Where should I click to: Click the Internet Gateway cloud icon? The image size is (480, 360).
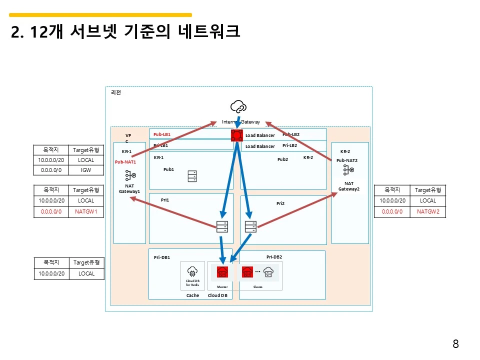point(238,106)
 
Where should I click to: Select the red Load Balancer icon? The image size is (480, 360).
point(236,135)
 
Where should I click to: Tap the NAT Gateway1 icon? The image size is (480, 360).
point(129,175)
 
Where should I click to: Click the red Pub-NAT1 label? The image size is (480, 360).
point(125,162)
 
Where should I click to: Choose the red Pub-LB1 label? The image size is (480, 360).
point(162,134)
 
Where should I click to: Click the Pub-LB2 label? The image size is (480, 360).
point(291,134)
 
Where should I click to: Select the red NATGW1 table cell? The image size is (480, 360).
point(86,211)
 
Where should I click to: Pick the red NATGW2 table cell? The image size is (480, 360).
point(427,211)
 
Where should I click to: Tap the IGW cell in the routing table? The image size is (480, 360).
point(86,170)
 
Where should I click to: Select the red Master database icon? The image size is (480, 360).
point(222,272)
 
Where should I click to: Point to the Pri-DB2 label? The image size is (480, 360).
point(274,256)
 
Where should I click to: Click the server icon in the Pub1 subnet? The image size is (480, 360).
point(192,176)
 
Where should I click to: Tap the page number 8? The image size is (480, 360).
point(455,344)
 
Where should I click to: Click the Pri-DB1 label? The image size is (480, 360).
point(162,258)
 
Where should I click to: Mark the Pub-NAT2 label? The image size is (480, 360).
point(347,160)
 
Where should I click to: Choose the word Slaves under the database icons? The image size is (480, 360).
point(258,287)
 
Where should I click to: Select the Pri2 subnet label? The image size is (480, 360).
point(280,203)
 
